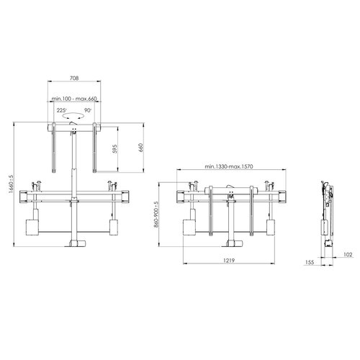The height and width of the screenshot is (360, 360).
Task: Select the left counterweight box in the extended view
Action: coord(31,227)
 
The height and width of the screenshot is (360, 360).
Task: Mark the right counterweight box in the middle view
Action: coord(269,227)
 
